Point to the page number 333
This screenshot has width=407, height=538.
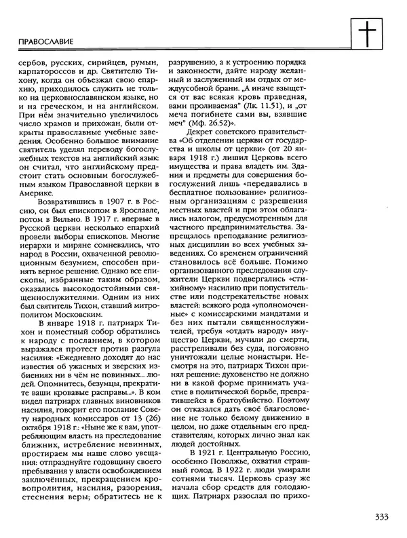(x=380, y=517)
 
